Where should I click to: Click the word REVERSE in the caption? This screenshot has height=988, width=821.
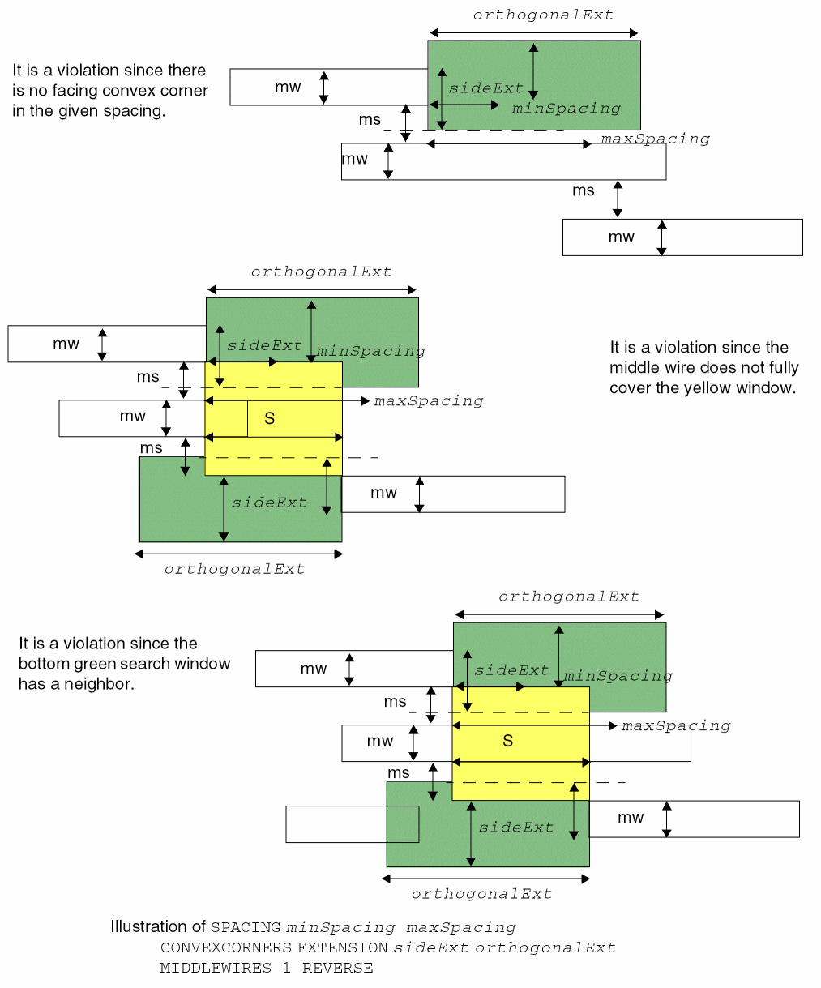(338, 968)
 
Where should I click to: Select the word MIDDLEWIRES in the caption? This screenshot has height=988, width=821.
(216, 968)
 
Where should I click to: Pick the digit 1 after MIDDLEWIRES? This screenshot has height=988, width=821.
(286, 968)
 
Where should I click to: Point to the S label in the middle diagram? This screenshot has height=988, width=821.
(270, 419)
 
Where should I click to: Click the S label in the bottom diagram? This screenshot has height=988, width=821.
(508, 741)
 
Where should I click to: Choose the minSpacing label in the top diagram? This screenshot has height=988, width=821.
(567, 109)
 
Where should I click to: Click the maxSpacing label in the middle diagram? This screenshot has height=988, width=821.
(429, 401)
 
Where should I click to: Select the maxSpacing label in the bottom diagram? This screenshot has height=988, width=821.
(676, 726)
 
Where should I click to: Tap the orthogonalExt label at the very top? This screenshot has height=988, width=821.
(543, 15)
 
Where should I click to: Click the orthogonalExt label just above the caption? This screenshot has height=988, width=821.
(481, 894)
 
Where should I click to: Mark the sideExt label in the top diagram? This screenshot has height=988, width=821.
(486, 88)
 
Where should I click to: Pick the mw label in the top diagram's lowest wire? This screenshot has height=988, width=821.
(622, 237)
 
